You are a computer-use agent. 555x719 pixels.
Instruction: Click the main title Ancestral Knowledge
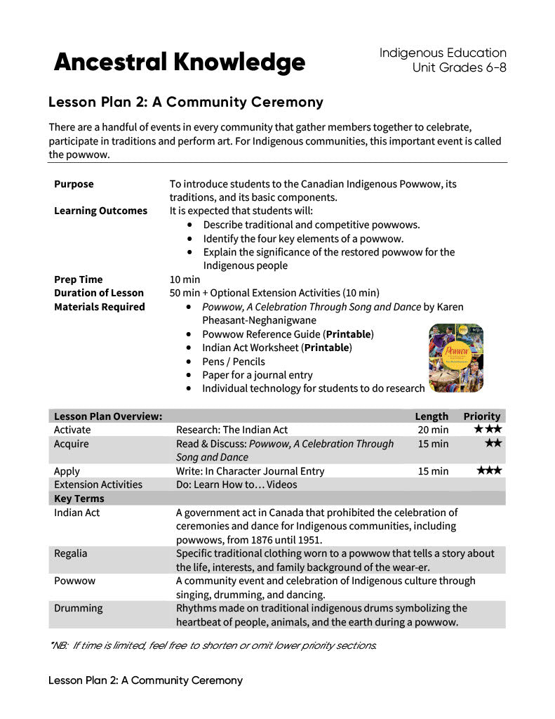(x=180, y=62)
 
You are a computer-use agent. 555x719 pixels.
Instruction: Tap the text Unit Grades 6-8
(x=459, y=67)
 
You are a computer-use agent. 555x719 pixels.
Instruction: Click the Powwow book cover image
(x=455, y=357)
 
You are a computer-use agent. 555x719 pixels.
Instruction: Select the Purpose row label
(x=74, y=184)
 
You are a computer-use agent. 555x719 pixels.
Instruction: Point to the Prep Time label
(x=78, y=279)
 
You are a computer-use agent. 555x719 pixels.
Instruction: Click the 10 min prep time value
(x=185, y=279)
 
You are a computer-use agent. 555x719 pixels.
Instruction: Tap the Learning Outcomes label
(x=100, y=211)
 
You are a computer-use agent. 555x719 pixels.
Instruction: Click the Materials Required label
(x=99, y=307)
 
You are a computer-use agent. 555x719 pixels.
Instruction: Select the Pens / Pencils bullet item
(x=234, y=362)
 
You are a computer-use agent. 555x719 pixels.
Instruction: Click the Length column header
(x=432, y=416)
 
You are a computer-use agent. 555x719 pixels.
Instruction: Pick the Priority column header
(x=482, y=416)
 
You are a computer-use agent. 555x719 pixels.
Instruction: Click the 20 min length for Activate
(x=433, y=430)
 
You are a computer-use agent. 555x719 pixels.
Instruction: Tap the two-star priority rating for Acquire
(x=493, y=443)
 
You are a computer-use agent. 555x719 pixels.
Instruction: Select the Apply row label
(x=67, y=471)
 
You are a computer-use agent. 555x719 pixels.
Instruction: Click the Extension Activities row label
(x=98, y=484)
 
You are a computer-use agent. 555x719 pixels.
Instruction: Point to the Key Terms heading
(x=79, y=499)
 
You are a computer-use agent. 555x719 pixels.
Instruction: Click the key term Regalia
(x=71, y=553)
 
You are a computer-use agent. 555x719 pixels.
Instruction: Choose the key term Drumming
(x=78, y=608)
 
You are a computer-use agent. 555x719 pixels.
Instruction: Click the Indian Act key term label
(x=76, y=513)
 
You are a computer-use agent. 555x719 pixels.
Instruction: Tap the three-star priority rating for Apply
(x=489, y=470)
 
